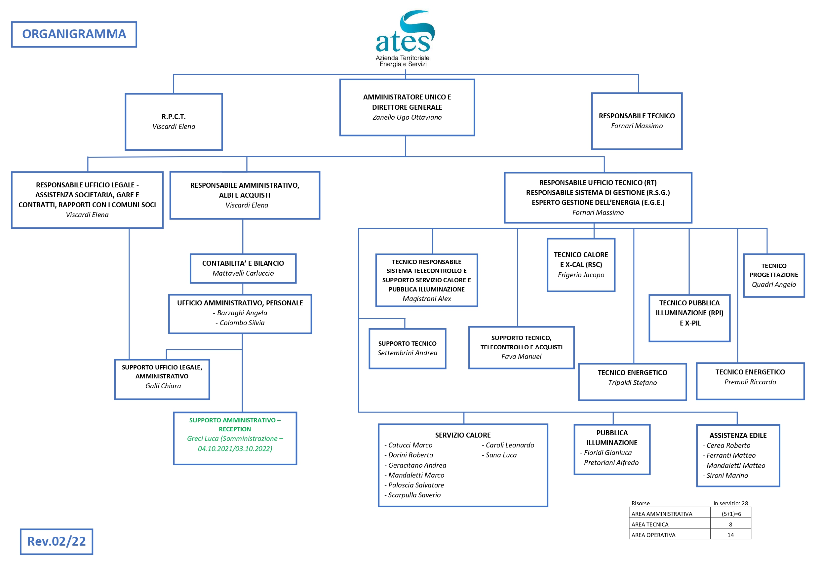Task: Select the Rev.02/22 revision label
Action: point(57,541)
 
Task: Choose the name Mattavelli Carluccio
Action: point(243,273)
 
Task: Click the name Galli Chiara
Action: point(163,386)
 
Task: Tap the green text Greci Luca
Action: point(203,439)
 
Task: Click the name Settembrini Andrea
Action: point(407,353)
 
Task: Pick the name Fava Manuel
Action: point(521,357)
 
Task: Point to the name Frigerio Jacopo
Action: point(581,275)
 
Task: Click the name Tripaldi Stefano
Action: point(632,382)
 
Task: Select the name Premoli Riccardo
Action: point(750,382)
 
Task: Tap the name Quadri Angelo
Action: point(774,284)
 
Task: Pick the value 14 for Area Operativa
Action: point(730,535)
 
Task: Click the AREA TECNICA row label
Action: point(650,524)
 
